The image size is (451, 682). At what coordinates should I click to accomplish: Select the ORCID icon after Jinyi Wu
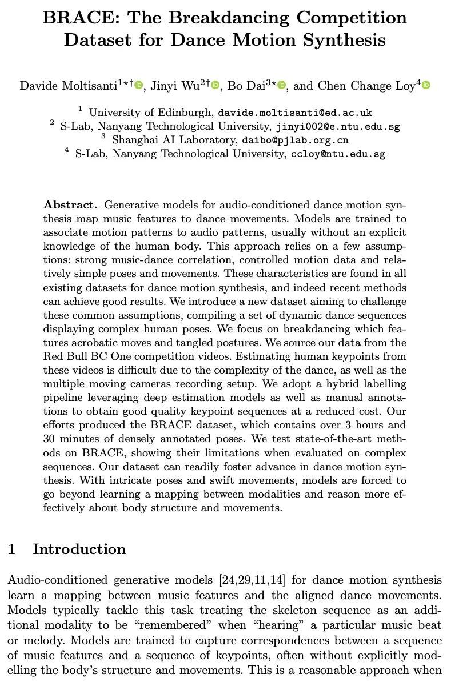(215, 86)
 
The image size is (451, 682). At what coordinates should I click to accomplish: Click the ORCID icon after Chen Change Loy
(426, 86)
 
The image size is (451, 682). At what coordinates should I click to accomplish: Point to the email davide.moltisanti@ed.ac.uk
(296, 113)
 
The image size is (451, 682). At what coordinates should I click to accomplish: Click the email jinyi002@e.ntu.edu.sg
(338, 126)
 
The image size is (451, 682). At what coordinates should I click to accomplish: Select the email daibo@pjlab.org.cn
(295, 140)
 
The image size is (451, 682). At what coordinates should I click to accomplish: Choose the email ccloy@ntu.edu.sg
(338, 154)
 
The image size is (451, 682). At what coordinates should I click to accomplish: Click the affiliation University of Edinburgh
(151, 113)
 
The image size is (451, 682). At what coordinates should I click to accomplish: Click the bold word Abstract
(71, 204)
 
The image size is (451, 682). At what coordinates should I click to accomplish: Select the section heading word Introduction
(79, 549)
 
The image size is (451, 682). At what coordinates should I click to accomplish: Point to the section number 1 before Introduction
(11, 549)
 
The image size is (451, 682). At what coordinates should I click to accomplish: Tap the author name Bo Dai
(245, 86)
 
